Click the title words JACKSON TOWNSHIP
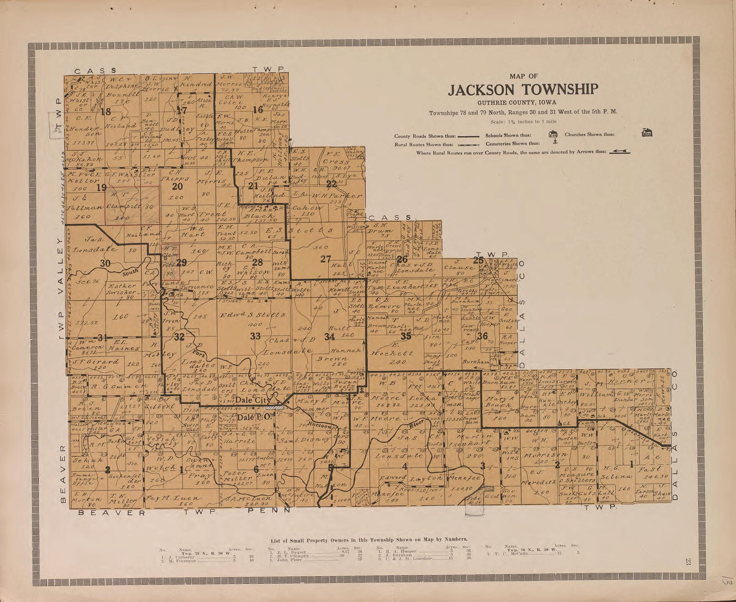click(523, 90)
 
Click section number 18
click(105, 112)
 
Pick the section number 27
click(325, 259)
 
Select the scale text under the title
click(523, 122)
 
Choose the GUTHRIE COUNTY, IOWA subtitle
click(523, 102)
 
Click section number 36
click(482, 336)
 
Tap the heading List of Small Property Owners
click(369, 539)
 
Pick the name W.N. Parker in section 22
click(336, 196)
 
